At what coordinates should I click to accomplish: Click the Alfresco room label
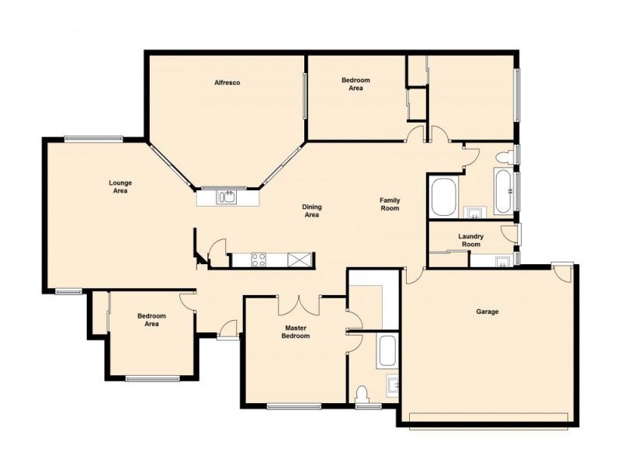pos(227,82)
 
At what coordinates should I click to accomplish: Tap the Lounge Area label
pos(120,186)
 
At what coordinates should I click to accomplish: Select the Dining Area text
pos(311,210)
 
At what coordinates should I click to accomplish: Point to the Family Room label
pos(390,204)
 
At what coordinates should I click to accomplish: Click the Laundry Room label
pos(470,240)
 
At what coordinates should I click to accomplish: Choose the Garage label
pos(487,311)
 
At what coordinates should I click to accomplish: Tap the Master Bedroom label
pos(297,332)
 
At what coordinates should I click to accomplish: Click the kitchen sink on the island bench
pos(227,197)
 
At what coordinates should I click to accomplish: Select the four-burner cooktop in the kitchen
pos(258,260)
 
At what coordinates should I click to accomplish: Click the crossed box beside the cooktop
pos(298,260)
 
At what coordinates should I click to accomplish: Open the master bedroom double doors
pos(300,304)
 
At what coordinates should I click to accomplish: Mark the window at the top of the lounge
pos(93,139)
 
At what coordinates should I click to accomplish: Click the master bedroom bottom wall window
pos(293,405)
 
